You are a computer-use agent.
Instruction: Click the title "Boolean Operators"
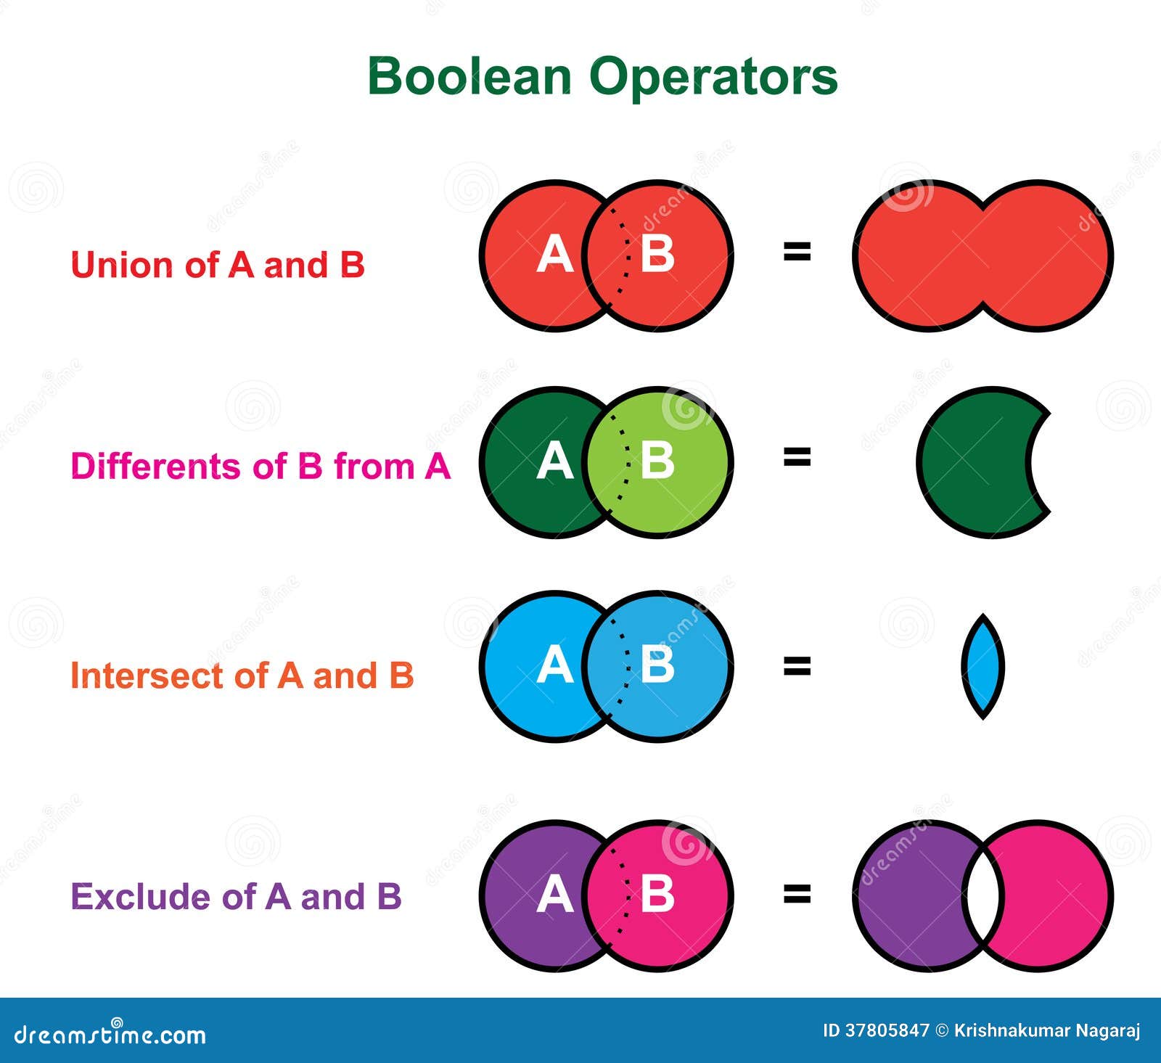(602, 76)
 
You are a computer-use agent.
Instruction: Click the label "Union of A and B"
(217, 265)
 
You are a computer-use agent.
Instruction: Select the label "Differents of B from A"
(260, 466)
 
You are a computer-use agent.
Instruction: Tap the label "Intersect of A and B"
(242, 676)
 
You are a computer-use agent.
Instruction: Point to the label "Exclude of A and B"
(236, 897)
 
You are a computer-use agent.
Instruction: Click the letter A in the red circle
(554, 255)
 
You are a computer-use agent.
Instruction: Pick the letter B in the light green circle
(657, 461)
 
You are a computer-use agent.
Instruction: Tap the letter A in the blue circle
(554, 665)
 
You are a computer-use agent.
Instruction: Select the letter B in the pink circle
(657, 894)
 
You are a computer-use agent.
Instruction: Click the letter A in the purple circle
(554, 894)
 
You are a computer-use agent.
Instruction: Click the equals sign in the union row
(797, 252)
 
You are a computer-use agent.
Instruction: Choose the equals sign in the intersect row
(797, 665)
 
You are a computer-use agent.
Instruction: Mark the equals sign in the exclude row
(797, 894)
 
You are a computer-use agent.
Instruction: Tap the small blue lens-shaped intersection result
(982, 666)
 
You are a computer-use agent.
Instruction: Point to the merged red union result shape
(982, 255)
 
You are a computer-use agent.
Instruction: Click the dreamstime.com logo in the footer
(110, 1034)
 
